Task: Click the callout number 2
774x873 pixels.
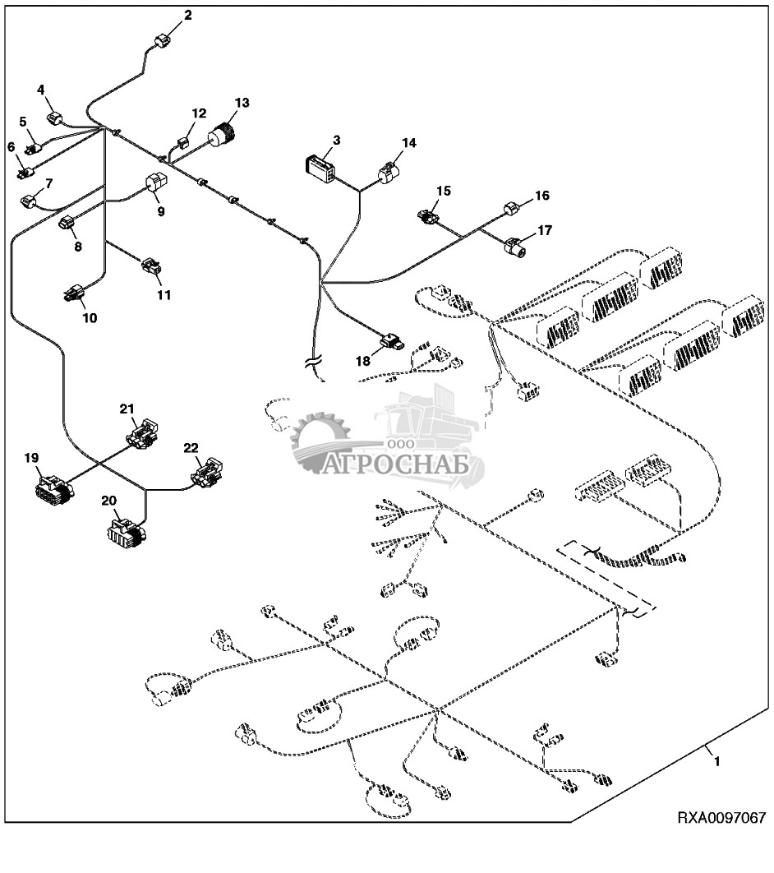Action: tap(188, 16)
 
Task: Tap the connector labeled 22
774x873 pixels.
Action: tap(207, 474)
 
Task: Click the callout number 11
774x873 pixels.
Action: tap(164, 294)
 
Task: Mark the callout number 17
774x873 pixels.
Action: tap(544, 231)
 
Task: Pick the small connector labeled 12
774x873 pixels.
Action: tap(182, 141)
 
